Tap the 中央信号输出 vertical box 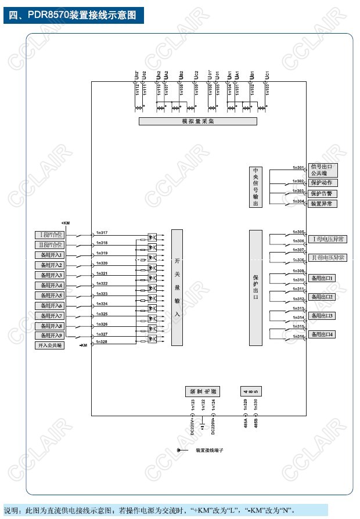(x=255, y=187)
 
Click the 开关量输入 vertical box (x=177, y=287)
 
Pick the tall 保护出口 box (x=255, y=287)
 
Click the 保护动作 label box (x=322, y=183)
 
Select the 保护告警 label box (x=322, y=193)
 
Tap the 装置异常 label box (x=322, y=204)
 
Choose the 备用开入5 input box (x=51, y=295)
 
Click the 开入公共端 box (x=51, y=345)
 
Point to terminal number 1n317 (x=102, y=233)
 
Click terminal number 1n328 (x=102, y=342)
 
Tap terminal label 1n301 (x=298, y=168)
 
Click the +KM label (x=66, y=223)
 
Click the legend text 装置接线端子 (x=210, y=450)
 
